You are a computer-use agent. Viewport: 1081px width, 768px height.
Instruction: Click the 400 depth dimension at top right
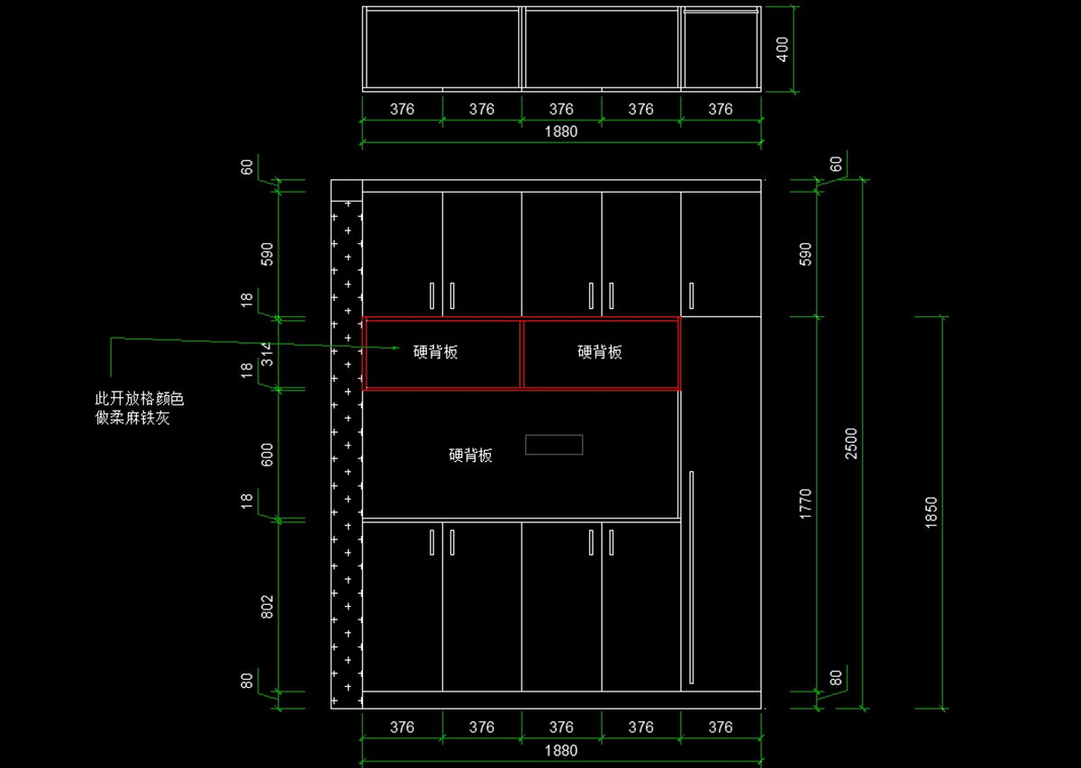[x=782, y=49]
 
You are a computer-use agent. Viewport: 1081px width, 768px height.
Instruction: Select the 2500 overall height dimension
[x=851, y=443]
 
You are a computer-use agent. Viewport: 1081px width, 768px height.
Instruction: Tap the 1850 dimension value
[x=931, y=512]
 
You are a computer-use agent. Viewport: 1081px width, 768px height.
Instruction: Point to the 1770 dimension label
[x=805, y=503]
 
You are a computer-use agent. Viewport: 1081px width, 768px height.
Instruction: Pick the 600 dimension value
[x=267, y=455]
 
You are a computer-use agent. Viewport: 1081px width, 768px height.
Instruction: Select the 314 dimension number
[x=266, y=353]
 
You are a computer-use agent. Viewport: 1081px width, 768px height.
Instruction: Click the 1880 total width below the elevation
[x=561, y=750]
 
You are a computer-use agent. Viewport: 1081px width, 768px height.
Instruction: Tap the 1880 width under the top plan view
[x=561, y=131]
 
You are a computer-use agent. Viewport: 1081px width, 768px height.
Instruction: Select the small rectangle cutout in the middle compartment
[x=554, y=445]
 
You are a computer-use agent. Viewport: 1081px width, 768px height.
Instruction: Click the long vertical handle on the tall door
[x=692, y=576]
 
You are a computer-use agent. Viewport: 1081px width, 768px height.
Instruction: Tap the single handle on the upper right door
[x=692, y=296]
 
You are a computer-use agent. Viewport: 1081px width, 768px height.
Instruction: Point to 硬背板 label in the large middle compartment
[x=470, y=456]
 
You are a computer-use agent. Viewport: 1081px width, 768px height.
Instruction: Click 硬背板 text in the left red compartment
[x=436, y=352]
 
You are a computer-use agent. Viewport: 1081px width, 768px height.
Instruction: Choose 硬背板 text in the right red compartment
[x=600, y=352]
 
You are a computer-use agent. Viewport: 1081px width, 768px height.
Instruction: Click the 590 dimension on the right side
[x=805, y=254]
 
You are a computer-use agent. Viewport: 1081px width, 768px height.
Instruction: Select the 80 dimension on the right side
[x=836, y=677]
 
